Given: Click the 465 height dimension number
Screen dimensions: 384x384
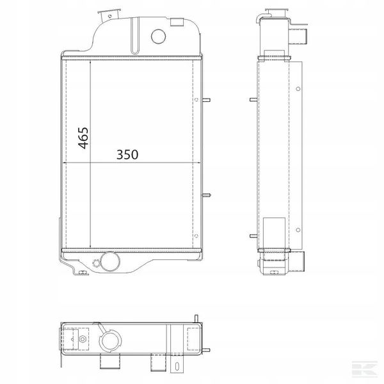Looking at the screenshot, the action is pyautogui.click(x=83, y=138).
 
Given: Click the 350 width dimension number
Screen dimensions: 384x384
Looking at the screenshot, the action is pyautogui.click(x=127, y=154).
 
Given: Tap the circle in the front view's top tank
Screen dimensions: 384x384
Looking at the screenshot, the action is pyautogui.click(x=159, y=36).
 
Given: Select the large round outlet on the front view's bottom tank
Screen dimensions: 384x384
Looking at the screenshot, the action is pyautogui.click(x=110, y=261).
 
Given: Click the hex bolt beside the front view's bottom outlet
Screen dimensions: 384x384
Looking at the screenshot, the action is pyautogui.click(x=95, y=264).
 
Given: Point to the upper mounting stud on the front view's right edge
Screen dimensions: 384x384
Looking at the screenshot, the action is pyautogui.click(x=206, y=100).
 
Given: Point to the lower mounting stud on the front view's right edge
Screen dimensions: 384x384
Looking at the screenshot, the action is pyautogui.click(x=206, y=195).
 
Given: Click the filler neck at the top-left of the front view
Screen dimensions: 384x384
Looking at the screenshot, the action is pyautogui.click(x=109, y=15).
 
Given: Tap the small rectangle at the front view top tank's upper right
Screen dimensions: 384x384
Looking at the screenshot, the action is pyautogui.click(x=177, y=22).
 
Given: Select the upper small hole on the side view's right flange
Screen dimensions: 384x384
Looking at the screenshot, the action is pyautogui.click(x=298, y=89).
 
